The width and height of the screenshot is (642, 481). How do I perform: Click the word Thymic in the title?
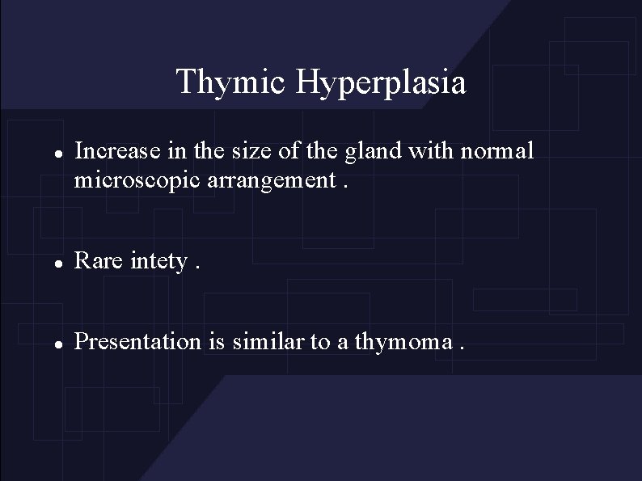point(231,82)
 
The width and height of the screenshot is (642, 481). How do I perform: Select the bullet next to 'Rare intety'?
point(49,263)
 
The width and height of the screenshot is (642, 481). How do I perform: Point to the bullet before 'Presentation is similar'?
point(49,343)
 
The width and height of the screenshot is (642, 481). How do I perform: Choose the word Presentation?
point(137,341)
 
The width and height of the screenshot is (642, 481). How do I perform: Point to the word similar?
point(267,341)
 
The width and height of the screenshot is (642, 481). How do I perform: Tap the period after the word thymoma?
point(462,348)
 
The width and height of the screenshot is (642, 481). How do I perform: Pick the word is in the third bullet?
point(216,341)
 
